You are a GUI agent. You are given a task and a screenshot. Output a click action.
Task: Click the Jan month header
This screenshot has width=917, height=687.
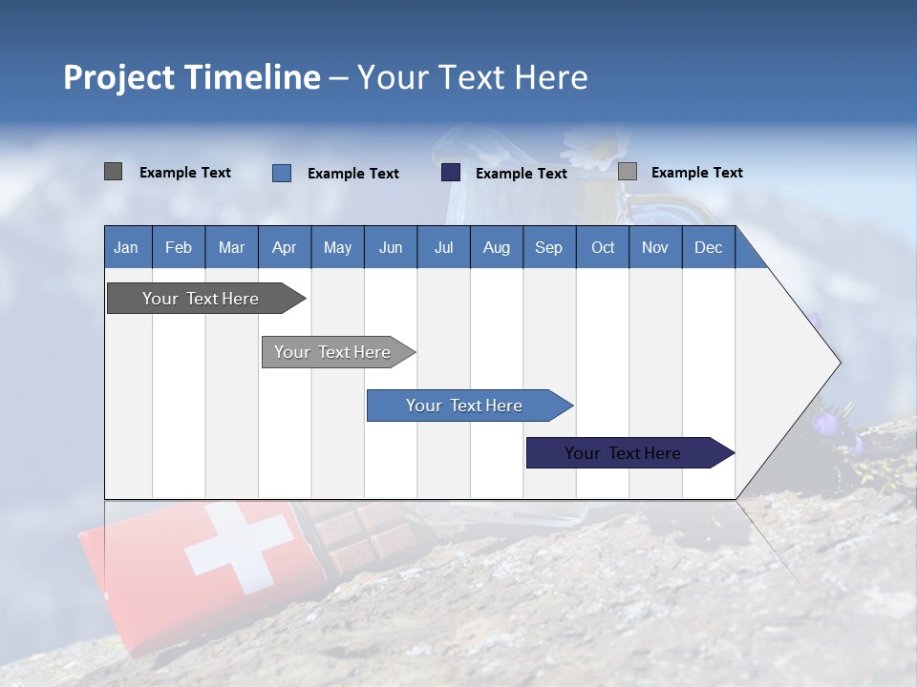(126, 247)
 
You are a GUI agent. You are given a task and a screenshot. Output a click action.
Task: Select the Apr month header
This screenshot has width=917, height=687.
(284, 247)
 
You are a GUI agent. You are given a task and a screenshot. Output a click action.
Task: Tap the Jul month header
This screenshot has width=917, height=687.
(443, 247)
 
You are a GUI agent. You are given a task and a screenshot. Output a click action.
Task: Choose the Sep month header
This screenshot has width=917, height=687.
(548, 247)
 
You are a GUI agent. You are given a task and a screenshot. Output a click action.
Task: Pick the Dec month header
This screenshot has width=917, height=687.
(708, 247)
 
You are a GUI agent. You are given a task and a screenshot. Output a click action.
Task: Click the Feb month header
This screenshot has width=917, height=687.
(179, 247)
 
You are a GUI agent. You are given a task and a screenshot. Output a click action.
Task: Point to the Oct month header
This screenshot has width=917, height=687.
(603, 247)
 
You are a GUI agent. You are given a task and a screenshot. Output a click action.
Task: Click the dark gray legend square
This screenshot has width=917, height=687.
(113, 172)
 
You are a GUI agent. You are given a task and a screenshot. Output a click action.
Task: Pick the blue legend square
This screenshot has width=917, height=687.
(281, 173)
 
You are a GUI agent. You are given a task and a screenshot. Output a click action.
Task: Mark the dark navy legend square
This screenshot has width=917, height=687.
(451, 173)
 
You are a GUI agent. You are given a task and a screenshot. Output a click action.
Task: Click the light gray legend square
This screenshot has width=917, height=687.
(628, 172)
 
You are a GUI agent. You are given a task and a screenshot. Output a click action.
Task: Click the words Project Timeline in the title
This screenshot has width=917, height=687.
(191, 77)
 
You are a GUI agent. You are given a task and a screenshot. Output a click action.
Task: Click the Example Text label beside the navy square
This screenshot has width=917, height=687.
(521, 174)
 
